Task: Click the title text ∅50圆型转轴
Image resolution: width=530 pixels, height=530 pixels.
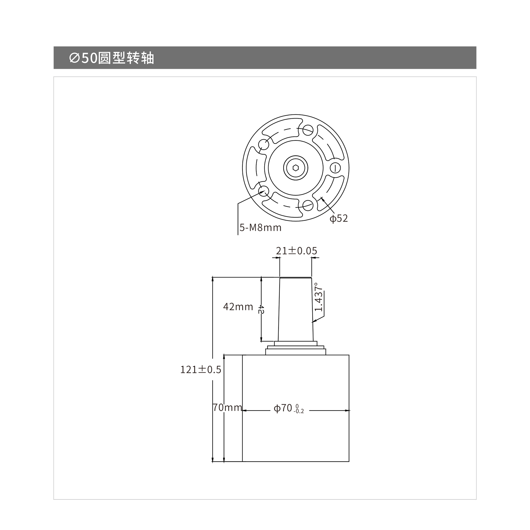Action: (112, 58)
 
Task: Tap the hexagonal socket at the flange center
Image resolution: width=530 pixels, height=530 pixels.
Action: (296, 168)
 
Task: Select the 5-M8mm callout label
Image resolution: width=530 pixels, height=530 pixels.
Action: (260, 228)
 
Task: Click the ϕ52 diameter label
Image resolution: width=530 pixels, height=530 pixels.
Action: (339, 218)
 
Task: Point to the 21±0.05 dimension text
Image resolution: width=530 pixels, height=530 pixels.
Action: (297, 251)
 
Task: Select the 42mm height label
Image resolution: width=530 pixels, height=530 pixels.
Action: (238, 307)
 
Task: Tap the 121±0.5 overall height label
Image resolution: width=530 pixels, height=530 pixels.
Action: (201, 370)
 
